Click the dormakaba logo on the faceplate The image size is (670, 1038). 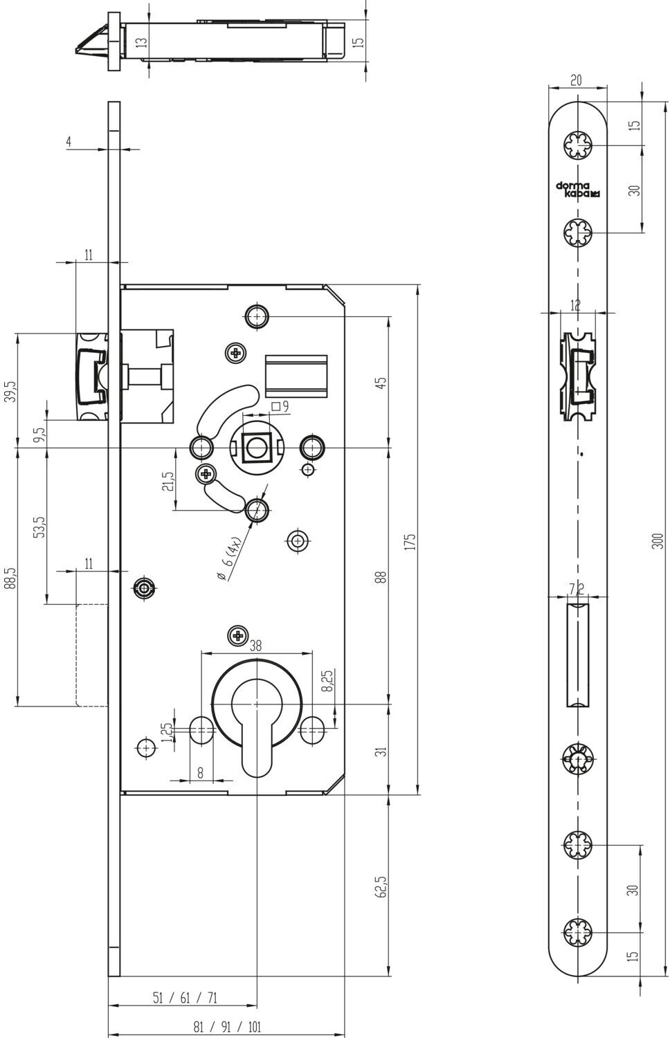tap(578, 190)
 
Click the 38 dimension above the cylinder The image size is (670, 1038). tap(256, 646)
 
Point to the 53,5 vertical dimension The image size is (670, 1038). tap(40, 527)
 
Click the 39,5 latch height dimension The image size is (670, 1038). tap(10, 392)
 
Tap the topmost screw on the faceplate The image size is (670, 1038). tap(578, 145)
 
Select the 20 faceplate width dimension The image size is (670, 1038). tap(576, 80)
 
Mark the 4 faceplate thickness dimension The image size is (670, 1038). tap(69, 142)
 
